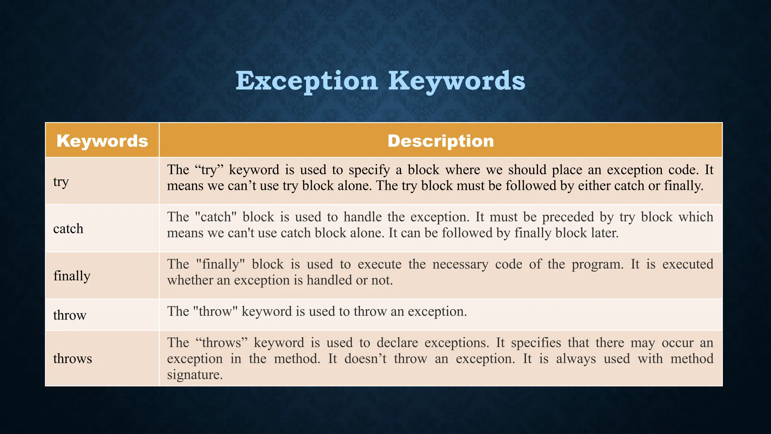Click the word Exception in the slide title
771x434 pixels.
(x=306, y=81)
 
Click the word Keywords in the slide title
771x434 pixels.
(x=456, y=81)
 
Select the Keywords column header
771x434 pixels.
(x=102, y=141)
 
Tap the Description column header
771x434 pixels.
(x=440, y=141)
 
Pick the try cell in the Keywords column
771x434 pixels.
(x=61, y=182)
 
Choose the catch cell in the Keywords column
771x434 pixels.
(x=68, y=229)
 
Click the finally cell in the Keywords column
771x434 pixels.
(x=72, y=276)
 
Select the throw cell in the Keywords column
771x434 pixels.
(x=70, y=315)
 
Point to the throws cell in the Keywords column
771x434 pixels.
(x=72, y=359)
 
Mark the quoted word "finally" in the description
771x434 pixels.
(x=220, y=264)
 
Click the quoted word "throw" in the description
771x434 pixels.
(x=215, y=311)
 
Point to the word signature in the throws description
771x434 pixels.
(x=195, y=374)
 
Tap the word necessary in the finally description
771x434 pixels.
(x=460, y=264)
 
